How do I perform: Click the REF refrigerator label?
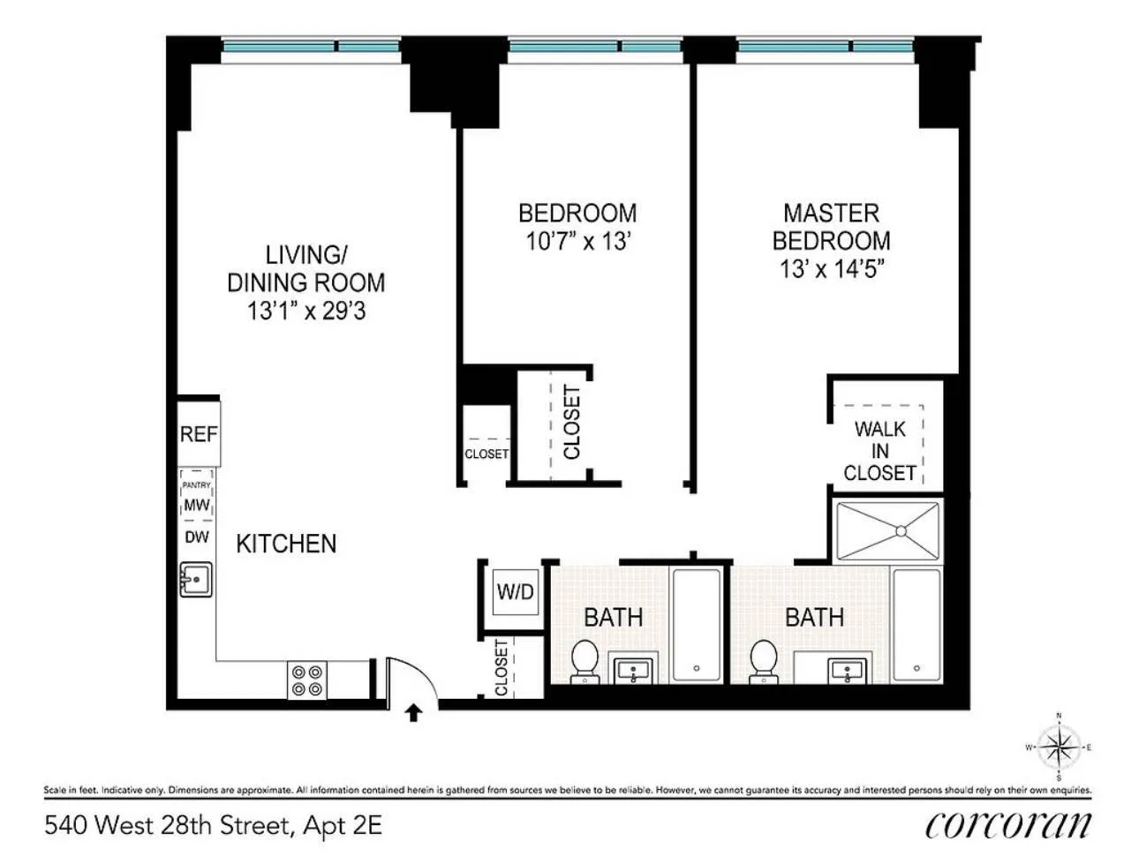(199, 434)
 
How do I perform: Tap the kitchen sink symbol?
(196, 580)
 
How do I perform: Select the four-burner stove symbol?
(307, 680)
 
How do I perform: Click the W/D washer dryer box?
(515, 591)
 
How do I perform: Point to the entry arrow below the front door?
(412, 712)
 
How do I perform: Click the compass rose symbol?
(1059, 747)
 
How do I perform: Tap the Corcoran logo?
(1007, 824)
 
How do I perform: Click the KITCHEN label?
(286, 544)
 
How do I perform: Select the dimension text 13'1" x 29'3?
(306, 311)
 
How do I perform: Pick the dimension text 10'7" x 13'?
(577, 241)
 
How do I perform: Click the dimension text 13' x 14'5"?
(831, 268)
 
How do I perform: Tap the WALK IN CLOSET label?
(879, 451)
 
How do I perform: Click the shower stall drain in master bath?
(900, 531)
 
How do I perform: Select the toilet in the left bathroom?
(584, 660)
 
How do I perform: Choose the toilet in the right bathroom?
(763, 660)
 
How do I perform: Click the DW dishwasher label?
(197, 537)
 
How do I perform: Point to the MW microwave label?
(197, 506)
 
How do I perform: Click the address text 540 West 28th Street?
(168, 825)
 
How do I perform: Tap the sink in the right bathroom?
(845, 671)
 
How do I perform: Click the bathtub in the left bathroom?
(697, 625)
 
